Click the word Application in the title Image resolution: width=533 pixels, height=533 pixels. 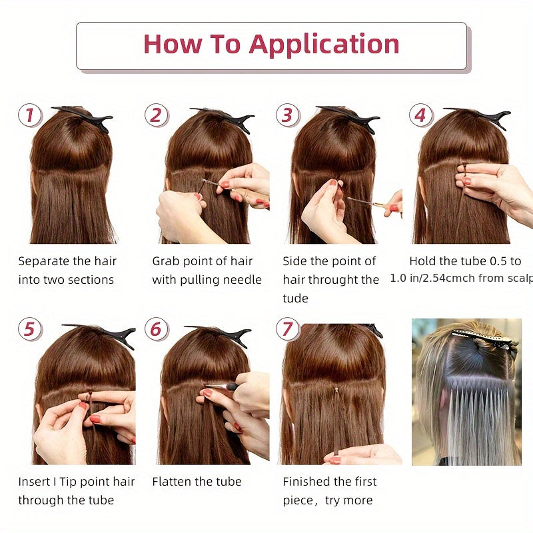[324, 44]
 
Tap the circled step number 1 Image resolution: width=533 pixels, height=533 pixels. [29, 115]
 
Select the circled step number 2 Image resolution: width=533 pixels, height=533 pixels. [155, 115]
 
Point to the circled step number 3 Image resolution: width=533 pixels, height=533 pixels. [286, 115]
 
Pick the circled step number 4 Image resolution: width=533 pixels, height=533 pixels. [419, 115]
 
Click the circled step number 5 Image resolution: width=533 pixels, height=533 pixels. [29, 329]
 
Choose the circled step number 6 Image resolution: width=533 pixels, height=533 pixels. [155, 329]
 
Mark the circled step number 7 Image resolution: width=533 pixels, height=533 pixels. [286, 329]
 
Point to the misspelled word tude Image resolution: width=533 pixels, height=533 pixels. [295, 298]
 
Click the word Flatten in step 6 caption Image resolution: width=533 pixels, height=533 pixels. [173, 481]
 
